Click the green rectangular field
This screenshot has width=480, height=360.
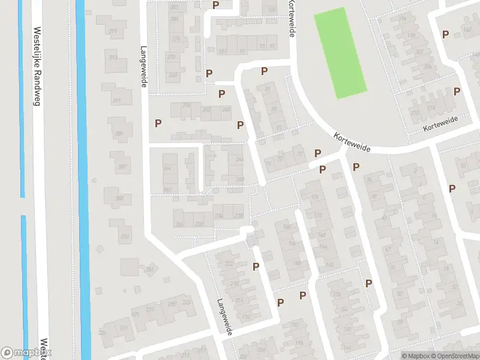click(x=340, y=53)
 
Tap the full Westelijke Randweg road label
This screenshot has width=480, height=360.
click(x=36, y=66)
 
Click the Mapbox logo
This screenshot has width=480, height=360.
click(x=26, y=352)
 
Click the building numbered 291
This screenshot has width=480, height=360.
click(x=116, y=100)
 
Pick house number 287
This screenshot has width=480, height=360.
click(x=122, y=167)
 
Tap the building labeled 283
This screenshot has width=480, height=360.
click(x=125, y=237)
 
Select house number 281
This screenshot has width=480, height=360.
click(x=149, y=269)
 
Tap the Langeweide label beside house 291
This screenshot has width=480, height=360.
click(x=143, y=67)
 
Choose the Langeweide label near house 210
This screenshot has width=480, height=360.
click(x=224, y=317)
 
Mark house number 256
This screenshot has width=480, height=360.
click(x=187, y=106)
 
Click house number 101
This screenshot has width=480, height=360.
click(x=223, y=52)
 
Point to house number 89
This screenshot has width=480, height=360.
click(x=268, y=89)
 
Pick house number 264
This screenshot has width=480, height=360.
click(x=167, y=169)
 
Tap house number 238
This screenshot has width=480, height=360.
click(x=239, y=215)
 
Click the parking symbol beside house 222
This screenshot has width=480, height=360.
click(x=256, y=266)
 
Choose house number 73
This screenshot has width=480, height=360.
click(x=298, y=155)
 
